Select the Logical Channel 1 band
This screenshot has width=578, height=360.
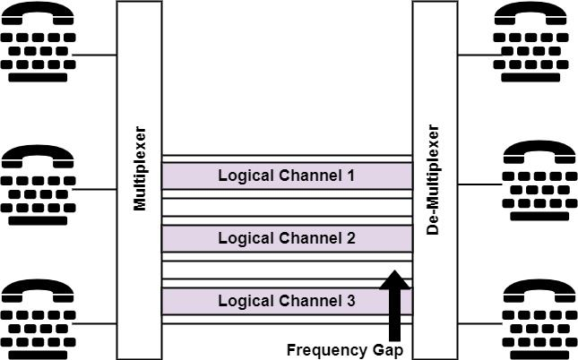pos(286,176)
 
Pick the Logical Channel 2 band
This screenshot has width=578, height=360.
pos(286,238)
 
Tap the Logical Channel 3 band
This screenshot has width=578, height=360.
pos(286,301)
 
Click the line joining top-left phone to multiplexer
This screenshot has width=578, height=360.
pos(95,56)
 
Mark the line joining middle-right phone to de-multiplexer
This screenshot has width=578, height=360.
pos(480,185)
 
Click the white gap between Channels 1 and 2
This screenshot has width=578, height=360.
pos(286,207)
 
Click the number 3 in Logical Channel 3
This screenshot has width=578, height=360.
pos(349,301)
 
